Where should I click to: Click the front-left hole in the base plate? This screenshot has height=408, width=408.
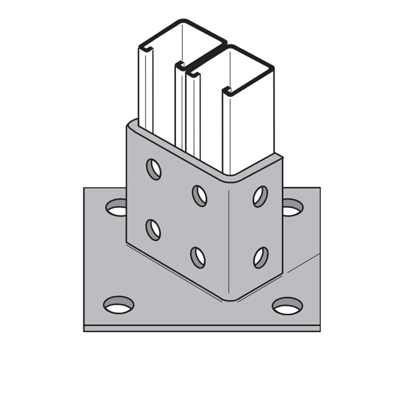point(119,305)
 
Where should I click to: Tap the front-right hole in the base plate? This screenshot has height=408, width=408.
point(287,306)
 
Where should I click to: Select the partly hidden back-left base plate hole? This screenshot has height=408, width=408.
point(117,208)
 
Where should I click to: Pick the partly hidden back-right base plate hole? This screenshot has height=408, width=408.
point(292,208)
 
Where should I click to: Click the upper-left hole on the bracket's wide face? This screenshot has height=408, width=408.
point(154,169)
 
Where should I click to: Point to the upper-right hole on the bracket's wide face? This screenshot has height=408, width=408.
point(199,196)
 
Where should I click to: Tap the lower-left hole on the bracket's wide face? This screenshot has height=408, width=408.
point(153,229)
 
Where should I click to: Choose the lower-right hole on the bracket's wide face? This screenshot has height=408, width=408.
point(198,257)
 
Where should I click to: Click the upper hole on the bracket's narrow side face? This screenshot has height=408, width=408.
point(260,196)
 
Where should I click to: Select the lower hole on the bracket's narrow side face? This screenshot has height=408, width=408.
point(261,257)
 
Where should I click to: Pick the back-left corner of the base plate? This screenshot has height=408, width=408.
point(85,189)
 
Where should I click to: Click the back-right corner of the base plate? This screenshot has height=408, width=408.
point(319,189)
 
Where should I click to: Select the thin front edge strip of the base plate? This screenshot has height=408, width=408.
point(202,328)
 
